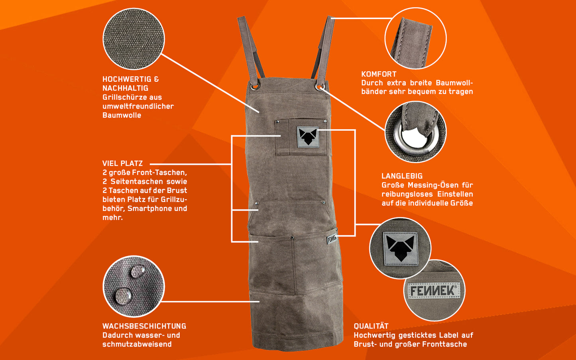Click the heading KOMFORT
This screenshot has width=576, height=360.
point(379,74)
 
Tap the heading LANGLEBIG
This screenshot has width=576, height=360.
point(402,176)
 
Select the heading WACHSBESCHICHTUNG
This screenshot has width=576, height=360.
point(144,326)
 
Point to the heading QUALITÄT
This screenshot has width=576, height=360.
point(371,326)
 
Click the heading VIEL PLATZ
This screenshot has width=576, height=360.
point(122,163)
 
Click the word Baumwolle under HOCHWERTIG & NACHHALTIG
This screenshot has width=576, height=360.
point(122,115)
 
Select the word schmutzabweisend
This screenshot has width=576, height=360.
point(137,344)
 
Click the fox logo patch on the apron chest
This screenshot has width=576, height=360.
point(308,137)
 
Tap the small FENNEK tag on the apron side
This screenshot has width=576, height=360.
point(332,239)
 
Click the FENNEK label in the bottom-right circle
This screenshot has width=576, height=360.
point(434,291)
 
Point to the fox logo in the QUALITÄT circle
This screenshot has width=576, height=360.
point(400,248)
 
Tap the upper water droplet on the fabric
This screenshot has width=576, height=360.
point(138,271)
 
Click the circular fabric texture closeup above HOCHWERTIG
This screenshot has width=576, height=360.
point(134,39)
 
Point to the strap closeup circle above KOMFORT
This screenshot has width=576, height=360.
point(415,38)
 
